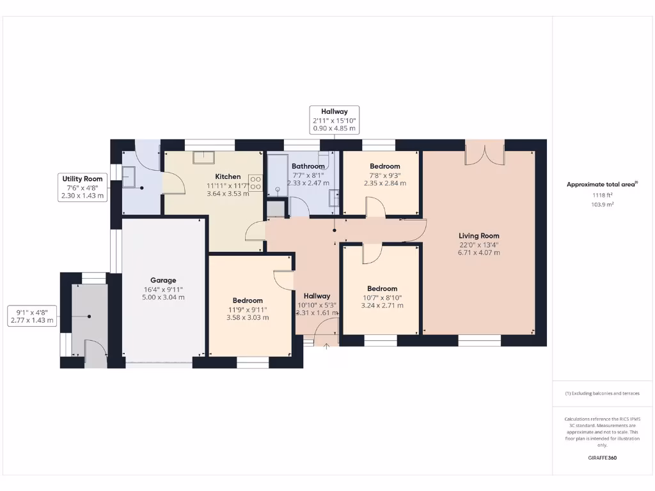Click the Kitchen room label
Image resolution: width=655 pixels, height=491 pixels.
tap(228, 176)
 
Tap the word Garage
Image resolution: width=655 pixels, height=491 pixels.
tap(163, 280)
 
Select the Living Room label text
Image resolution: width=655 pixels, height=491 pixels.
tap(478, 236)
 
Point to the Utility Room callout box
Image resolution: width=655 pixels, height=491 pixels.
tap(81, 187)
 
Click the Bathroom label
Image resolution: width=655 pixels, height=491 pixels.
tap(308, 166)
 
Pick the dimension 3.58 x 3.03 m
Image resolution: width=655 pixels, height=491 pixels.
tap(247, 317)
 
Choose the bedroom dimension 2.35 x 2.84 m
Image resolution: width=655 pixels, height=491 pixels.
tap(384, 183)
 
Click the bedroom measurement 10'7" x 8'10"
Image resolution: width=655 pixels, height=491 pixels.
tap(382, 297)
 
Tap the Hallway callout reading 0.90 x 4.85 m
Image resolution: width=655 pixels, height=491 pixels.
tap(334, 129)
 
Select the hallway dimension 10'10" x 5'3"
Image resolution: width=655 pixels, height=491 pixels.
tap(317, 304)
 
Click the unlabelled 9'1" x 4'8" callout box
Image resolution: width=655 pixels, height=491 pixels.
tap(32, 316)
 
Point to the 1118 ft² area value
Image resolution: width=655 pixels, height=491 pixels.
tap(601, 196)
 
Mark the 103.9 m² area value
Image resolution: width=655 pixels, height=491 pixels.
tap(601, 205)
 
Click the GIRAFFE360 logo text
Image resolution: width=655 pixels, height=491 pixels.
tap(601, 458)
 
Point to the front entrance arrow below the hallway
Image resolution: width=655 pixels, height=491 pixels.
tap(327, 346)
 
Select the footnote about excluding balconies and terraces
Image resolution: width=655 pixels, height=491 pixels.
tap(601, 393)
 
